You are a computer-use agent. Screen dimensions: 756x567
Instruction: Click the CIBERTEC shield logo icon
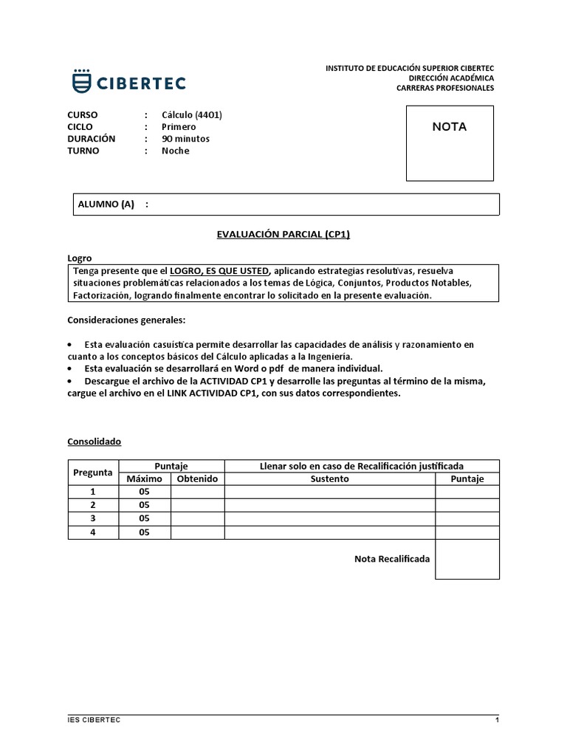(82, 81)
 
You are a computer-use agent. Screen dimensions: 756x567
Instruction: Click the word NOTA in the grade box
(449, 126)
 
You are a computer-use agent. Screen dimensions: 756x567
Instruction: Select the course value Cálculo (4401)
(192, 114)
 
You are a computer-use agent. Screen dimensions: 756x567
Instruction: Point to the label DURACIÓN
(91, 138)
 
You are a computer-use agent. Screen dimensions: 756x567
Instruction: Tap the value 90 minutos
(185, 138)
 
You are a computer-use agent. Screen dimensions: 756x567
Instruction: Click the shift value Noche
(176, 151)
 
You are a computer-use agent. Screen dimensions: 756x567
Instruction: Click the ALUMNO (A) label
(106, 205)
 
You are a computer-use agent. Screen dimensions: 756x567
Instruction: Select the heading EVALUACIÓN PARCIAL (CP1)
(283, 234)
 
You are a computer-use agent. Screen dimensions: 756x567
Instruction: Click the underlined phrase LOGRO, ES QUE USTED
(220, 270)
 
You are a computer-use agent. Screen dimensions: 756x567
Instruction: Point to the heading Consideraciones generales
(126, 320)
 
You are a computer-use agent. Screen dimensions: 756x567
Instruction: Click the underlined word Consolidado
(94, 441)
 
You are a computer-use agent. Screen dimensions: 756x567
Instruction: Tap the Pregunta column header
(93, 472)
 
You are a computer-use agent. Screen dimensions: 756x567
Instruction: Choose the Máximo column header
(144, 479)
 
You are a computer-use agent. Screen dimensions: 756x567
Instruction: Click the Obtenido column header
(197, 479)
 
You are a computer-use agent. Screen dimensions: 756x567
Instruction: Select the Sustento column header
(329, 479)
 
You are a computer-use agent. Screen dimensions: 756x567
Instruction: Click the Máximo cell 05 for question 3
(144, 518)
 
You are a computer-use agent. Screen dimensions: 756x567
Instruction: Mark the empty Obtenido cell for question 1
(197, 492)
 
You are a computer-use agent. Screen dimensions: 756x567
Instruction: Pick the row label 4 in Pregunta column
(93, 532)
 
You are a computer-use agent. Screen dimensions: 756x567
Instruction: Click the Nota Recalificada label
(391, 559)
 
